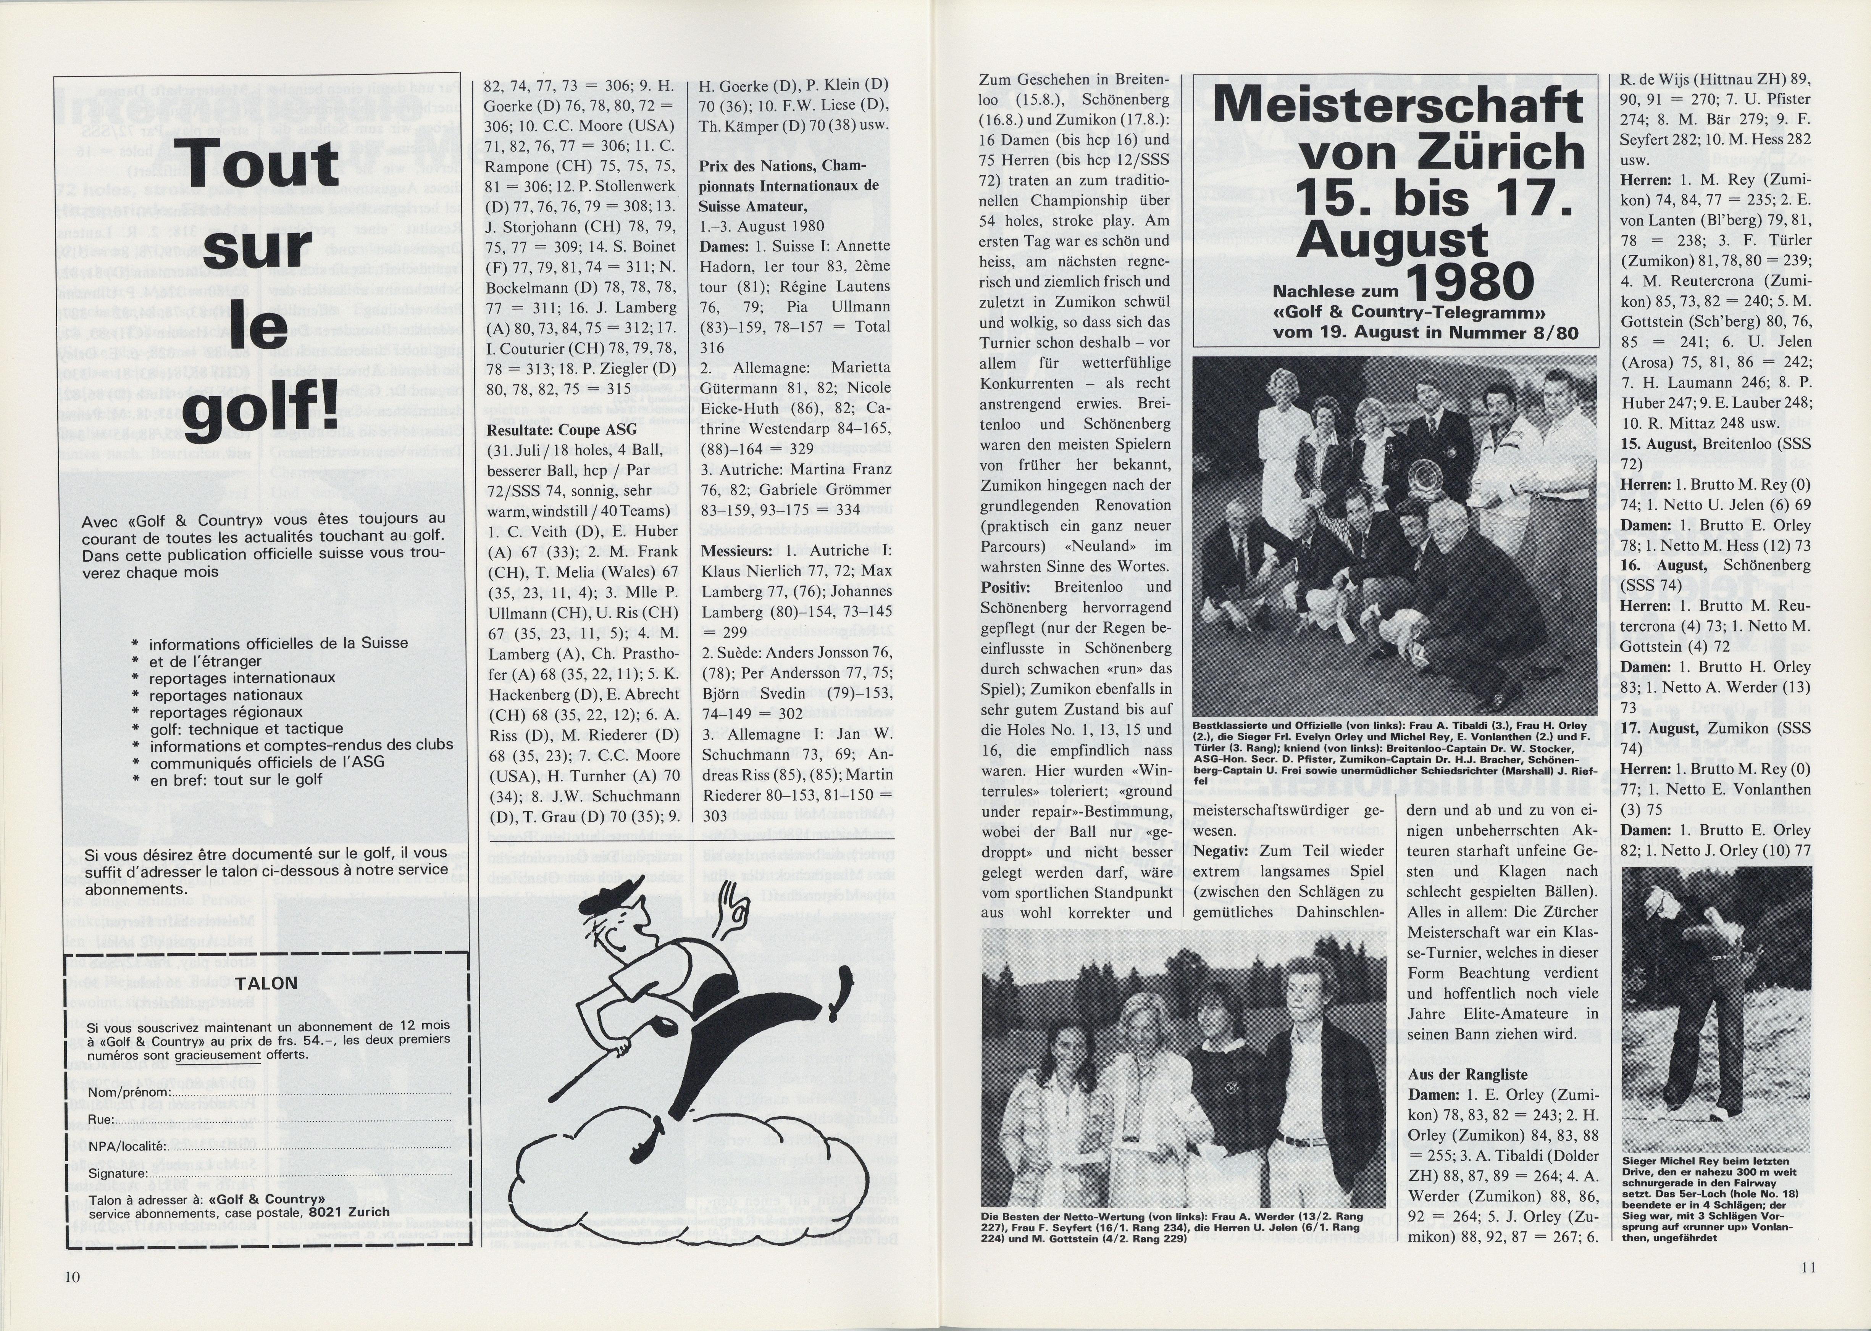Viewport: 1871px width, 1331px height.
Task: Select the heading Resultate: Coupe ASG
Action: [562, 429]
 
